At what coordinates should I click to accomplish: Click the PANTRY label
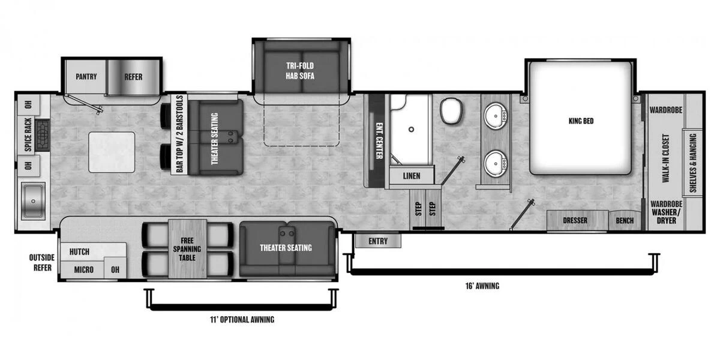pyautogui.click(x=86, y=76)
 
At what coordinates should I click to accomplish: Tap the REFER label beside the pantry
pyautogui.click(x=133, y=76)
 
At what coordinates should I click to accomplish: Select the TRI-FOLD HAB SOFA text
pyautogui.click(x=299, y=71)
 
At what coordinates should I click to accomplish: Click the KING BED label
pyautogui.click(x=581, y=121)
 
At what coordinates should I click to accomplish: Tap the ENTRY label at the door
pyautogui.click(x=378, y=241)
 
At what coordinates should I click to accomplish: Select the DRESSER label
pyautogui.click(x=575, y=220)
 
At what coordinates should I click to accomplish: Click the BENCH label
pyautogui.click(x=625, y=220)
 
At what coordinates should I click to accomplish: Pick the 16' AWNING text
pyautogui.click(x=482, y=286)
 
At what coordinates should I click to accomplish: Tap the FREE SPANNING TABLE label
pyautogui.click(x=187, y=248)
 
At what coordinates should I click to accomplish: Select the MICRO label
pyautogui.click(x=83, y=270)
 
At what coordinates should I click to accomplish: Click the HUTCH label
pyautogui.click(x=79, y=252)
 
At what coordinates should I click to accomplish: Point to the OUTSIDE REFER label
pyautogui.click(x=41, y=263)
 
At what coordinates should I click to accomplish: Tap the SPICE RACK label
pyautogui.click(x=28, y=134)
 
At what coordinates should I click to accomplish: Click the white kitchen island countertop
pyautogui.click(x=112, y=152)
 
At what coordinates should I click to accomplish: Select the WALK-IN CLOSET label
pyautogui.click(x=665, y=158)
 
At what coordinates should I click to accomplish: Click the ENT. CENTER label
pyautogui.click(x=379, y=142)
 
